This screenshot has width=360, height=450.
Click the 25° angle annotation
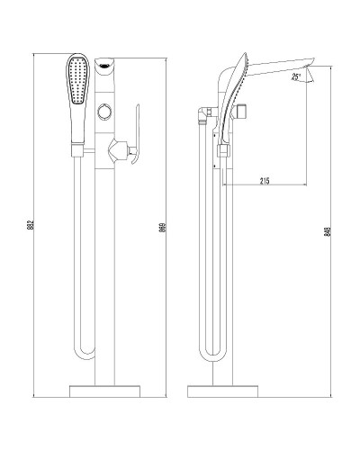pyautogui.click(x=297, y=77)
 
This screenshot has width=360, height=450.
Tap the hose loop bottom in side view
pyautogui.click(x=208, y=353)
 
